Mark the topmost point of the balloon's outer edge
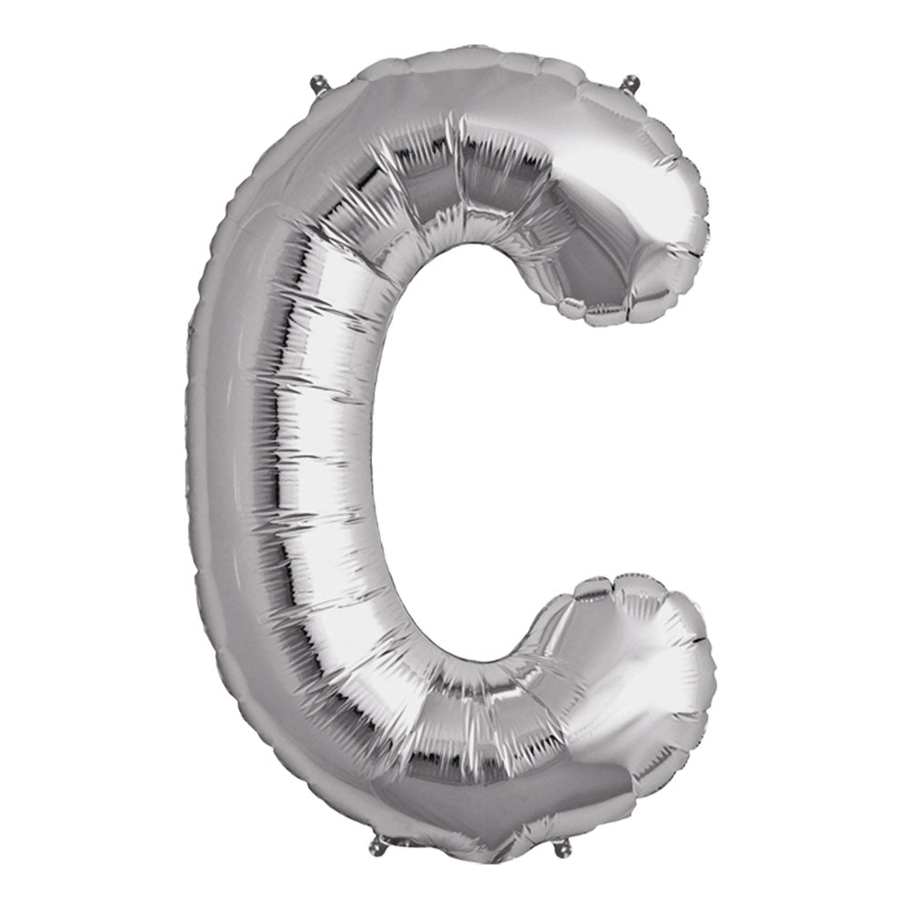[x=464, y=43]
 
